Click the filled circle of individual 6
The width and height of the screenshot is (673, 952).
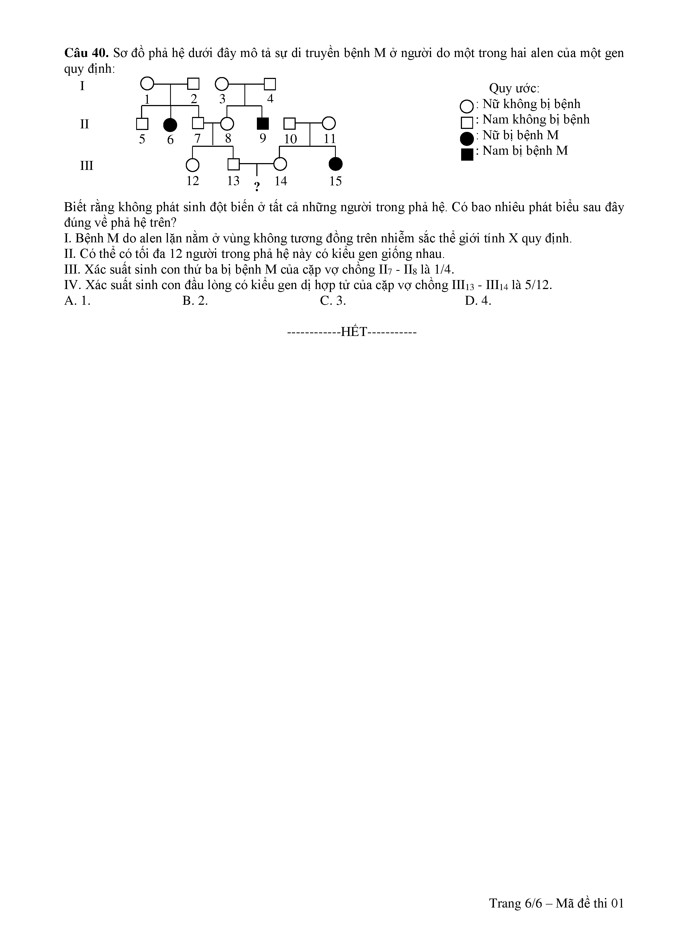point(170,124)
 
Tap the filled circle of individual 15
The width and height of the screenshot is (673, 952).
point(335,165)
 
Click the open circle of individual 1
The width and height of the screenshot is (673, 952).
point(147,84)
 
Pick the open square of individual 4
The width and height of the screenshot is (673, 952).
point(270,84)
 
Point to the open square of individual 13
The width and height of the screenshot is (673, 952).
point(234,165)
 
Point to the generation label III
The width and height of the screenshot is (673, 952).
point(86,166)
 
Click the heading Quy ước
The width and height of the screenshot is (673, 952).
point(514,88)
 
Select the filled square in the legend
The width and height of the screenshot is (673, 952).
point(467,154)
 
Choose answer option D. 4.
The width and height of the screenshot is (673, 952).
point(478,301)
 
